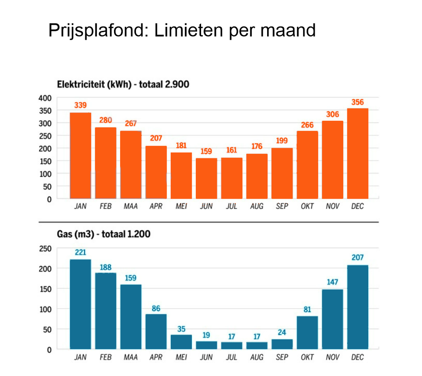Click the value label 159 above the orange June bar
[206, 151]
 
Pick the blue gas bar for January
[81, 304]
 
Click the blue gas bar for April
[156, 331]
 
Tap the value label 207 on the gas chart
[357, 257]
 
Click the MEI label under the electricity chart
[181, 206]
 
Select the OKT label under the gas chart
[307, 357]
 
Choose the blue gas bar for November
[332, 319]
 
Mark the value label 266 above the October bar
[307, 125]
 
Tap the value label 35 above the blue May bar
[181, 329]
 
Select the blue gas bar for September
[282, 344]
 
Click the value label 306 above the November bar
[332, 115]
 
